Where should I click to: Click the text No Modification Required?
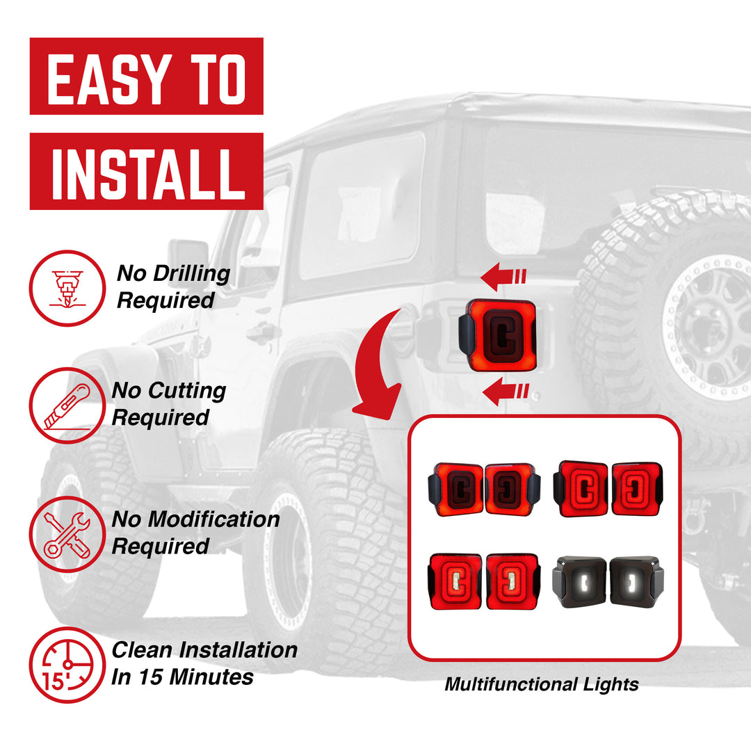pyautogui.click(x=195, y=533)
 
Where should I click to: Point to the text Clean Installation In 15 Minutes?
pyautogui.click(x=204, y=663)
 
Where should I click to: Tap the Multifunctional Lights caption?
pyautogui.click(x=542, y=684)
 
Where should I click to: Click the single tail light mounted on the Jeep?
pyautogui.click(x=497, y=335)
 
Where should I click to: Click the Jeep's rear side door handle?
pyautogui.click(x=263, y=333)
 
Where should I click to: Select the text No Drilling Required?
pyautogui.click(x=172, y=287)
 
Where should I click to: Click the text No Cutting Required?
pyautogui.click(x=168, y=404)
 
